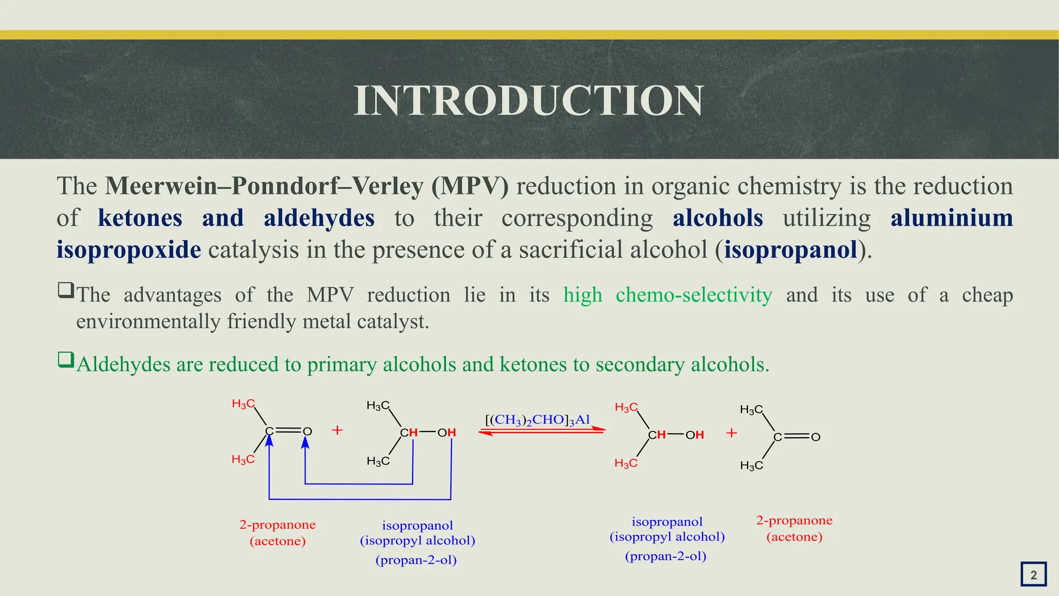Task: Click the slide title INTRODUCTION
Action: [x=528, y=100]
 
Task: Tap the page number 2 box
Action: [x=1033, y=574]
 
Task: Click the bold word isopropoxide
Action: [x=129, y=250]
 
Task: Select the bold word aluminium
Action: [x=951, y=218]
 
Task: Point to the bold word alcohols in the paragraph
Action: [x=718, y=218]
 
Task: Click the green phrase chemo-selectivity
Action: [x=694, y=295]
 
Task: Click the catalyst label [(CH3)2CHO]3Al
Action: [x=538, y=420]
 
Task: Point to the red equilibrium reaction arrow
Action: [x=541, y=430]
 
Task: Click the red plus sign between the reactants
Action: [x=337, y=430]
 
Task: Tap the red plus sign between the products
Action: [x=731, y=433]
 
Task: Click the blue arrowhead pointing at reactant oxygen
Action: [x=306, y=443]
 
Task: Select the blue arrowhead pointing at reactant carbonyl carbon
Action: [x=269, y=441]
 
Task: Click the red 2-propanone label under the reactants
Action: [x=277, y=525]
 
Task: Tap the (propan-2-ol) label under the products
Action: [x=665, y=556]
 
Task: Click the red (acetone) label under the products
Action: [x=794, y=537]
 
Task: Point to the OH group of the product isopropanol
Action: [x=694, y=435]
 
